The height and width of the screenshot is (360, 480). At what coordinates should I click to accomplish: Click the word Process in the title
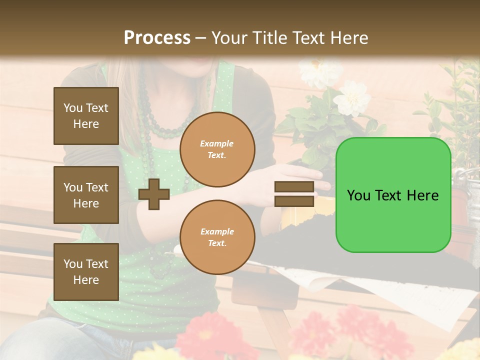coord(157,38)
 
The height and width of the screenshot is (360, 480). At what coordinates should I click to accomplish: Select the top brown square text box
coord(86,116)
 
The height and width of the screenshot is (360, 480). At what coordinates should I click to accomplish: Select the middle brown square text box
coord(86,195)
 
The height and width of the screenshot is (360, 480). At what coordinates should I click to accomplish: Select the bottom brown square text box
coord(86,272)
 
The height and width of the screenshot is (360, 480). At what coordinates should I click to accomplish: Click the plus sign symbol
coord(154,194)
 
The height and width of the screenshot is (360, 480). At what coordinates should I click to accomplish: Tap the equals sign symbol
coord(294,194)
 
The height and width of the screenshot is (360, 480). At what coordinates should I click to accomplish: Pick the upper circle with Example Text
coord(217,149)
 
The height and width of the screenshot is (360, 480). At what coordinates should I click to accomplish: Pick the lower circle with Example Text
coord(217,237)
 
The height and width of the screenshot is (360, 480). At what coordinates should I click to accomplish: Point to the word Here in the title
coord(348,38)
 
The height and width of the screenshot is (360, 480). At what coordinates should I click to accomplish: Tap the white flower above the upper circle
coord(352,98)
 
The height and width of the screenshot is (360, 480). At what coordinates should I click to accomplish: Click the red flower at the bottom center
coord(210,335)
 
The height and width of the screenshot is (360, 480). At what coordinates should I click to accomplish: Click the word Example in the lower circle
coord(217,231)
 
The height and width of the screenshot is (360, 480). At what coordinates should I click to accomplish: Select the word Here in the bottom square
coord(86,280)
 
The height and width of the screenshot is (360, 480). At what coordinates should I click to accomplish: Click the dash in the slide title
coord(201,38)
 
